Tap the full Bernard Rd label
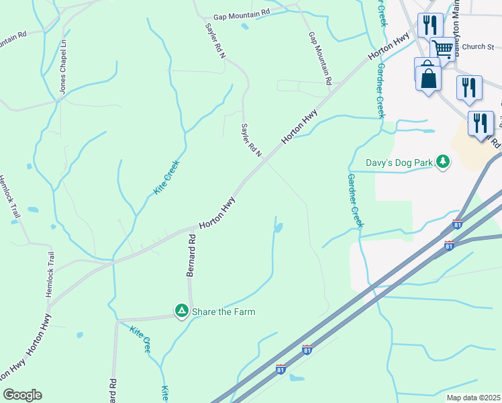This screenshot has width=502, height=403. point(191,254)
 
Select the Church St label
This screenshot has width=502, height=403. point(478,47)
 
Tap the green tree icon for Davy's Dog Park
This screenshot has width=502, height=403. point(442,161)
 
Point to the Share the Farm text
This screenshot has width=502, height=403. point(223,312)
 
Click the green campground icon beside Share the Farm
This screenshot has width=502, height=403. point(181,311)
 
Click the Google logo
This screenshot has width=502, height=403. point(22,395)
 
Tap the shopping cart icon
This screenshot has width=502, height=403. point(442,48)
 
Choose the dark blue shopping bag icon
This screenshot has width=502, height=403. point(429,78)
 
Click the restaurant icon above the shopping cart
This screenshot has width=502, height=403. point(430,25)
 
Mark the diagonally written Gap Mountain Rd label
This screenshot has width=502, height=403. point(320,58)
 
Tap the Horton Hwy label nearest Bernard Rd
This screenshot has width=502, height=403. point(217,213)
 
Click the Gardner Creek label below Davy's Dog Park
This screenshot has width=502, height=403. point(355,201)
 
